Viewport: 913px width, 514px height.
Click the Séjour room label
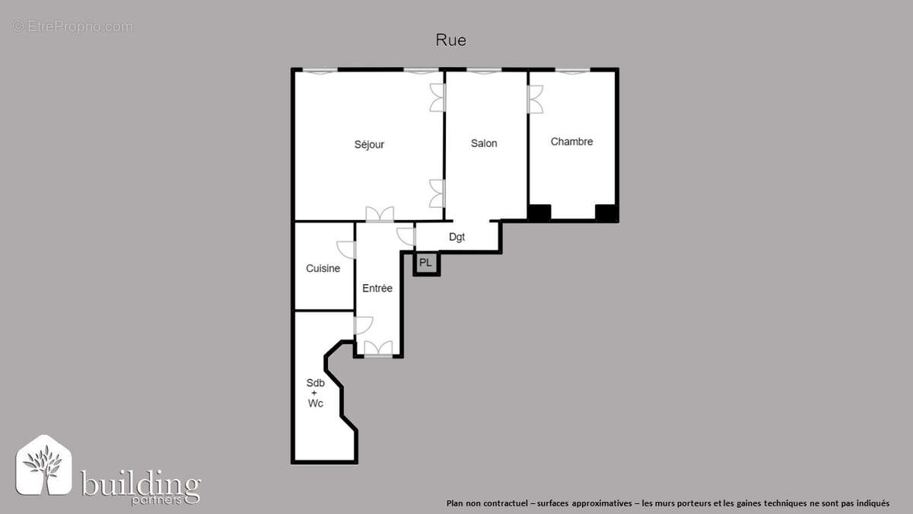pos(369,145)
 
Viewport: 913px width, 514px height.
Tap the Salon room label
pos(484,143)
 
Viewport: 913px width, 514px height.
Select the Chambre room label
pos(571,142)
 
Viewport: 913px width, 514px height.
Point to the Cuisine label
pos(323,268)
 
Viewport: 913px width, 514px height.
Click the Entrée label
pos(377,288)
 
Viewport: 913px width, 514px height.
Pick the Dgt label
pos(456,237)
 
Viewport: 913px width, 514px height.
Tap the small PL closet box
pos(425,263)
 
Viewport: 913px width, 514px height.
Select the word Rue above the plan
pos(450,40)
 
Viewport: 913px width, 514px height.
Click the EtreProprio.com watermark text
pos(73,27)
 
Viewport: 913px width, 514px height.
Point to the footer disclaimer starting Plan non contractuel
pos(667,503)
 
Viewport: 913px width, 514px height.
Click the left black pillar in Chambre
pos(539,213)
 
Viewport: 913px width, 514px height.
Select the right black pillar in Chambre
pos(606,213)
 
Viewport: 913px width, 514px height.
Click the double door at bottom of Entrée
pos(378,350)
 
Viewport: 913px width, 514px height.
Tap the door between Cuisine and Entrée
pos(348,250)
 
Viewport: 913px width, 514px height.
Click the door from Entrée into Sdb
pos(362,325)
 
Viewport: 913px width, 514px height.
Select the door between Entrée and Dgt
pos(406,236)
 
